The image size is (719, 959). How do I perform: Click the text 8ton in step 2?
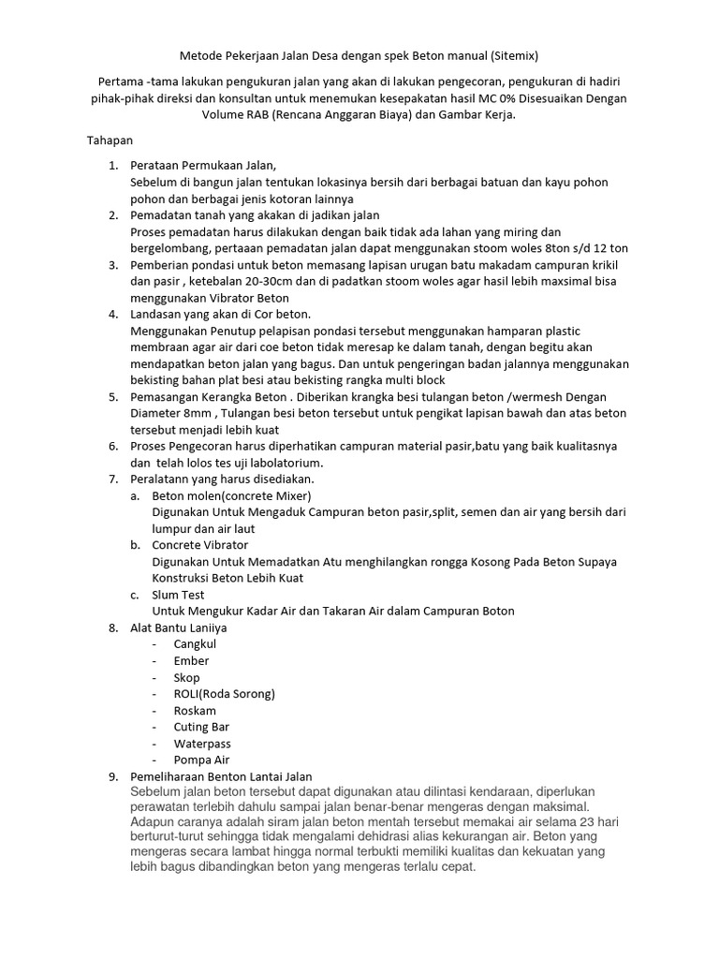tap(549, 248)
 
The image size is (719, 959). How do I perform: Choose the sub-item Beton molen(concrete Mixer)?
tap(231, 495)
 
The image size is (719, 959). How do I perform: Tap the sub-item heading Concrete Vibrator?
tap(200, 545)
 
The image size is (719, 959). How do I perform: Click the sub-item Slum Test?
tap(178, 595)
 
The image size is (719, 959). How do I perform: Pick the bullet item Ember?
tap(191, 661)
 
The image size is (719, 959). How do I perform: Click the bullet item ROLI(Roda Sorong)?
tap(224, 694)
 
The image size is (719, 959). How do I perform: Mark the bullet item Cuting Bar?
tap(200, 727)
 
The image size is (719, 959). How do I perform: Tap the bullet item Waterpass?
tap(201, 744)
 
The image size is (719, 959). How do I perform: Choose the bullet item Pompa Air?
tap(201, 760)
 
